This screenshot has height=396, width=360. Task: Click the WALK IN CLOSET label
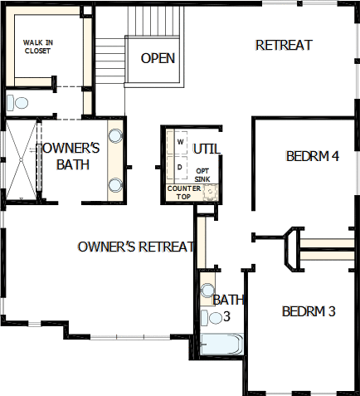(x=38, y=46)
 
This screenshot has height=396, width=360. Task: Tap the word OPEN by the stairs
(x=158, y=58)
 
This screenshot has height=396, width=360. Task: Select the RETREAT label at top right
(x=284, y=46)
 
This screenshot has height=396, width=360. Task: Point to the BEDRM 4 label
(x=313, y=156)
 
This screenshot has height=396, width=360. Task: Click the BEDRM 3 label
(x=309, y=311)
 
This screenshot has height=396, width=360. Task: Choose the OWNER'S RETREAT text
(x=136, y=247)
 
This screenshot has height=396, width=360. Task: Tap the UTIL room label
(x=207, y=149)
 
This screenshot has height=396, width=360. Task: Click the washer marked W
(x=181, y=142)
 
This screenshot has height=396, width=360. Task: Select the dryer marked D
(x=181, y=168)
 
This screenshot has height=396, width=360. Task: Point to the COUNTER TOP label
(x=184, y=193)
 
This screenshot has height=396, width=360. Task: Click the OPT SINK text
(x=202, y=175)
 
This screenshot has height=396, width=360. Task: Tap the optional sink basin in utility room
(x=211, y=192)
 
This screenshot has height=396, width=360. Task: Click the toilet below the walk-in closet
(x=17, y=102)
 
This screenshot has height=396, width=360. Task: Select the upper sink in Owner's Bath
(x=115, y=135)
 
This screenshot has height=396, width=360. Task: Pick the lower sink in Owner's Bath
(x=115, y=185)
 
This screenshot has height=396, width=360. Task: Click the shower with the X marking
(x=21, y=159)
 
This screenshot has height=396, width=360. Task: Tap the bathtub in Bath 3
(x=221, y=344)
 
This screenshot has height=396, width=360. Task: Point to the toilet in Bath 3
(x=212, y=318)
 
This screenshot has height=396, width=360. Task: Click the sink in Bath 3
(x=207, y=291)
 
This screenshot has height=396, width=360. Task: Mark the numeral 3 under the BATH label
(x=226, y=317)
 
